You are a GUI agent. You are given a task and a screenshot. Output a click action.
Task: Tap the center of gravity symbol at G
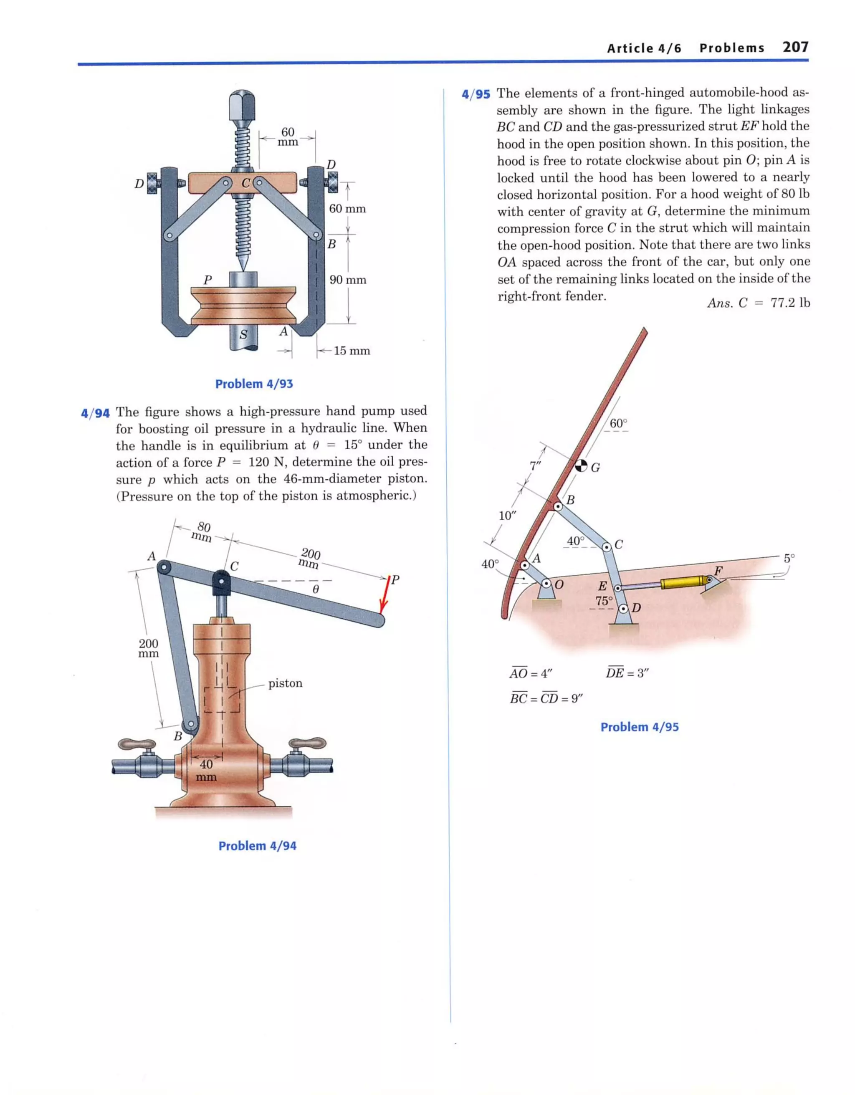click(x=581, y=465)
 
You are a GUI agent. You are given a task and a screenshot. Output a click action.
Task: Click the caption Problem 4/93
click(x=254, y=384)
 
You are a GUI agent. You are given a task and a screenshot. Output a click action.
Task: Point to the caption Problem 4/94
click(x=257, y=846)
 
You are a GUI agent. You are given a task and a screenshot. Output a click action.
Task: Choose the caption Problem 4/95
click(x=639, y=727)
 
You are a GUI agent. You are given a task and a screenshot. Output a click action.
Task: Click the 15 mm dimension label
click(x=352, y=351)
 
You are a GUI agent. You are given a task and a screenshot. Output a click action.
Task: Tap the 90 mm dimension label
click(x=347, y=280)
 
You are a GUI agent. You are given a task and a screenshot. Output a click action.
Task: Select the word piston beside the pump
click(x=285, y=683)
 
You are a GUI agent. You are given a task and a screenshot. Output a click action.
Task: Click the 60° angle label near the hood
click(x=618, y=424)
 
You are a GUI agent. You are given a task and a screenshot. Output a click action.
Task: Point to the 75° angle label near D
click(x=604, y=601)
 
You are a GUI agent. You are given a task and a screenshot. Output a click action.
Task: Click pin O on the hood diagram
click(x=546, y=584)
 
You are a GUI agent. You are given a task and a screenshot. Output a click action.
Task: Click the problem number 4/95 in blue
click(x=476, y=94)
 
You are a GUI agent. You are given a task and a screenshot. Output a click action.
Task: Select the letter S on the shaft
click(x=243, y=334)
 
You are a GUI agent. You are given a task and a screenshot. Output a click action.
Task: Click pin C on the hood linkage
click(x=607, y=546)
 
